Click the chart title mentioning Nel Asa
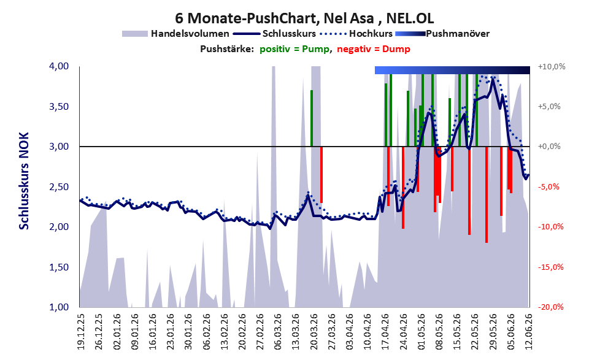tap(304, 18)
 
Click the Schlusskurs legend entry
tap(274, 34)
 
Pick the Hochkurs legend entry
tap(356, 34)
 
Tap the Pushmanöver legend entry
tap(442, 34)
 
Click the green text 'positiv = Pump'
tap(295, 49)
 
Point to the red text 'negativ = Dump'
tap(374, 49)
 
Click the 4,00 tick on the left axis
tap(59, 66)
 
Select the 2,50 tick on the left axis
tap(59, 187)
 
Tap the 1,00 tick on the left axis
tap(59, 307)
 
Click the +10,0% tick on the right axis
tap(552, 67)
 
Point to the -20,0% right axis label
tap(550, 307)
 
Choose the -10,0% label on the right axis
tap(550, 227)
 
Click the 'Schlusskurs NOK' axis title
tap(24, 181)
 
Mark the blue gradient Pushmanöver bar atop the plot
tap(452, 70)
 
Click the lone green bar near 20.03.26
tap(312, 118)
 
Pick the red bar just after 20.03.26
tap(321, 175)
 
